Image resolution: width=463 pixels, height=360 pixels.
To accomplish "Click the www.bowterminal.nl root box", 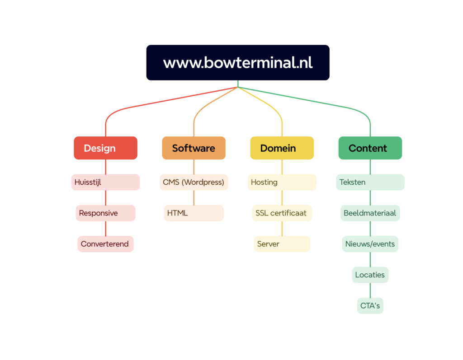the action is [238, 62].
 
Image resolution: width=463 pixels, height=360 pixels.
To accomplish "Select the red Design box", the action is [105, 148].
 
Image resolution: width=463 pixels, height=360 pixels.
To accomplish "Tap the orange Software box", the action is [194, 148].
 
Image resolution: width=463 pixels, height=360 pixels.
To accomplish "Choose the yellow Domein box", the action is [282, 148].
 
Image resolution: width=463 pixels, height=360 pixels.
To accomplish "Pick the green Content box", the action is [370, 148].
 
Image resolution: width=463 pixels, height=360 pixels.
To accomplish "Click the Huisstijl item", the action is [105, 182].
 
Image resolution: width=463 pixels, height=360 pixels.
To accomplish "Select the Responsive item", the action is [105, 213].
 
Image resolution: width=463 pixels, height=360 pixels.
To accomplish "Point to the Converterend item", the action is [105, 244].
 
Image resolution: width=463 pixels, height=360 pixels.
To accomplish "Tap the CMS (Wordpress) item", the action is [194, 182].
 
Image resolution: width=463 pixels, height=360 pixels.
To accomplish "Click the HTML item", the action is [194, 213].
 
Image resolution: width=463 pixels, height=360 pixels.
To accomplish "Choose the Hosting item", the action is [282, 182].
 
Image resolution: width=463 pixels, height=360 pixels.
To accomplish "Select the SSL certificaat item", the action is [282, 213].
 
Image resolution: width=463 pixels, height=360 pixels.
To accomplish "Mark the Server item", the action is [282, 244].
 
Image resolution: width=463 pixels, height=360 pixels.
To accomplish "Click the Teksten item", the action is [370, 182].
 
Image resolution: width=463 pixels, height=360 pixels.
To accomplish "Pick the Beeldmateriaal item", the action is [370, 213].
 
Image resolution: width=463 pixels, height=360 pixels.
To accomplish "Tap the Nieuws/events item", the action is [370, 244].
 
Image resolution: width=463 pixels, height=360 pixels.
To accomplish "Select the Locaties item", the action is [370, 275].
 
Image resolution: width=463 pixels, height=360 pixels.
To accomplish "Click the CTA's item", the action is [370, 306].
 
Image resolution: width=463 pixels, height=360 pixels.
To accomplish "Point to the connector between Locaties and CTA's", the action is [370, 290].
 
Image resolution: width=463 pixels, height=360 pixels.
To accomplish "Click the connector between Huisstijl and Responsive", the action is [106, 198].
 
